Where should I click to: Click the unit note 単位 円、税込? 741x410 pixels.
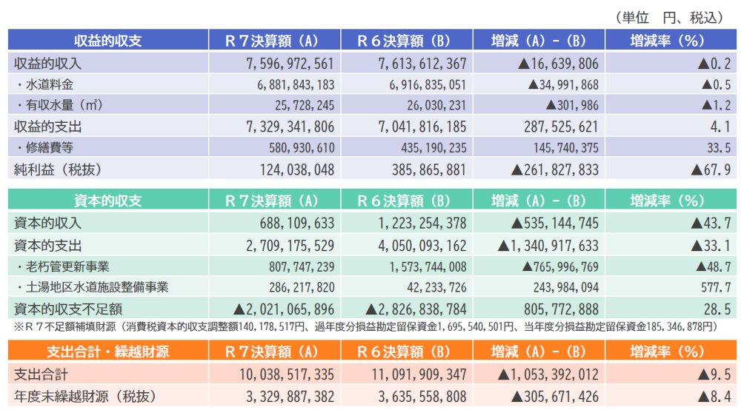point(671,18)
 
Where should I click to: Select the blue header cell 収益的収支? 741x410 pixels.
point(108,40)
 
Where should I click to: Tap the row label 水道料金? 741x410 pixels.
point(49,84)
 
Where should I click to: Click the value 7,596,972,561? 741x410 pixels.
point(290,63)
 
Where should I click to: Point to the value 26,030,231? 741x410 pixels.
point(436,105)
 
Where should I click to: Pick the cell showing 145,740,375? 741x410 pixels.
point(565,148)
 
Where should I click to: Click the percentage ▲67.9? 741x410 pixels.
point(711,169)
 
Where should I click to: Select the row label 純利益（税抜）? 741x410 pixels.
point(58,169)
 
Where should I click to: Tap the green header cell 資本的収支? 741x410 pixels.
point(108,201)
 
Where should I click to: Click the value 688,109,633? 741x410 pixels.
point(297,223)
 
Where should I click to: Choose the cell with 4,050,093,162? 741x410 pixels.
point(422,246)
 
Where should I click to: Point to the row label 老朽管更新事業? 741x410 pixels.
point(67,266)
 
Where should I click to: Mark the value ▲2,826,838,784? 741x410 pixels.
point(416,309)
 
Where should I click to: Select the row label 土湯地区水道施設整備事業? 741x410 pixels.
point(97,287)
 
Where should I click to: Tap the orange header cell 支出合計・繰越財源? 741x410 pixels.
point(108,352)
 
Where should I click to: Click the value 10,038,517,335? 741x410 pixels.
point(287,374)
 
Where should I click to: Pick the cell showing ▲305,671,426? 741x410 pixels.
point(555,397)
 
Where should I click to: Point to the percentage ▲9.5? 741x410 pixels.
point(714,374)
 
